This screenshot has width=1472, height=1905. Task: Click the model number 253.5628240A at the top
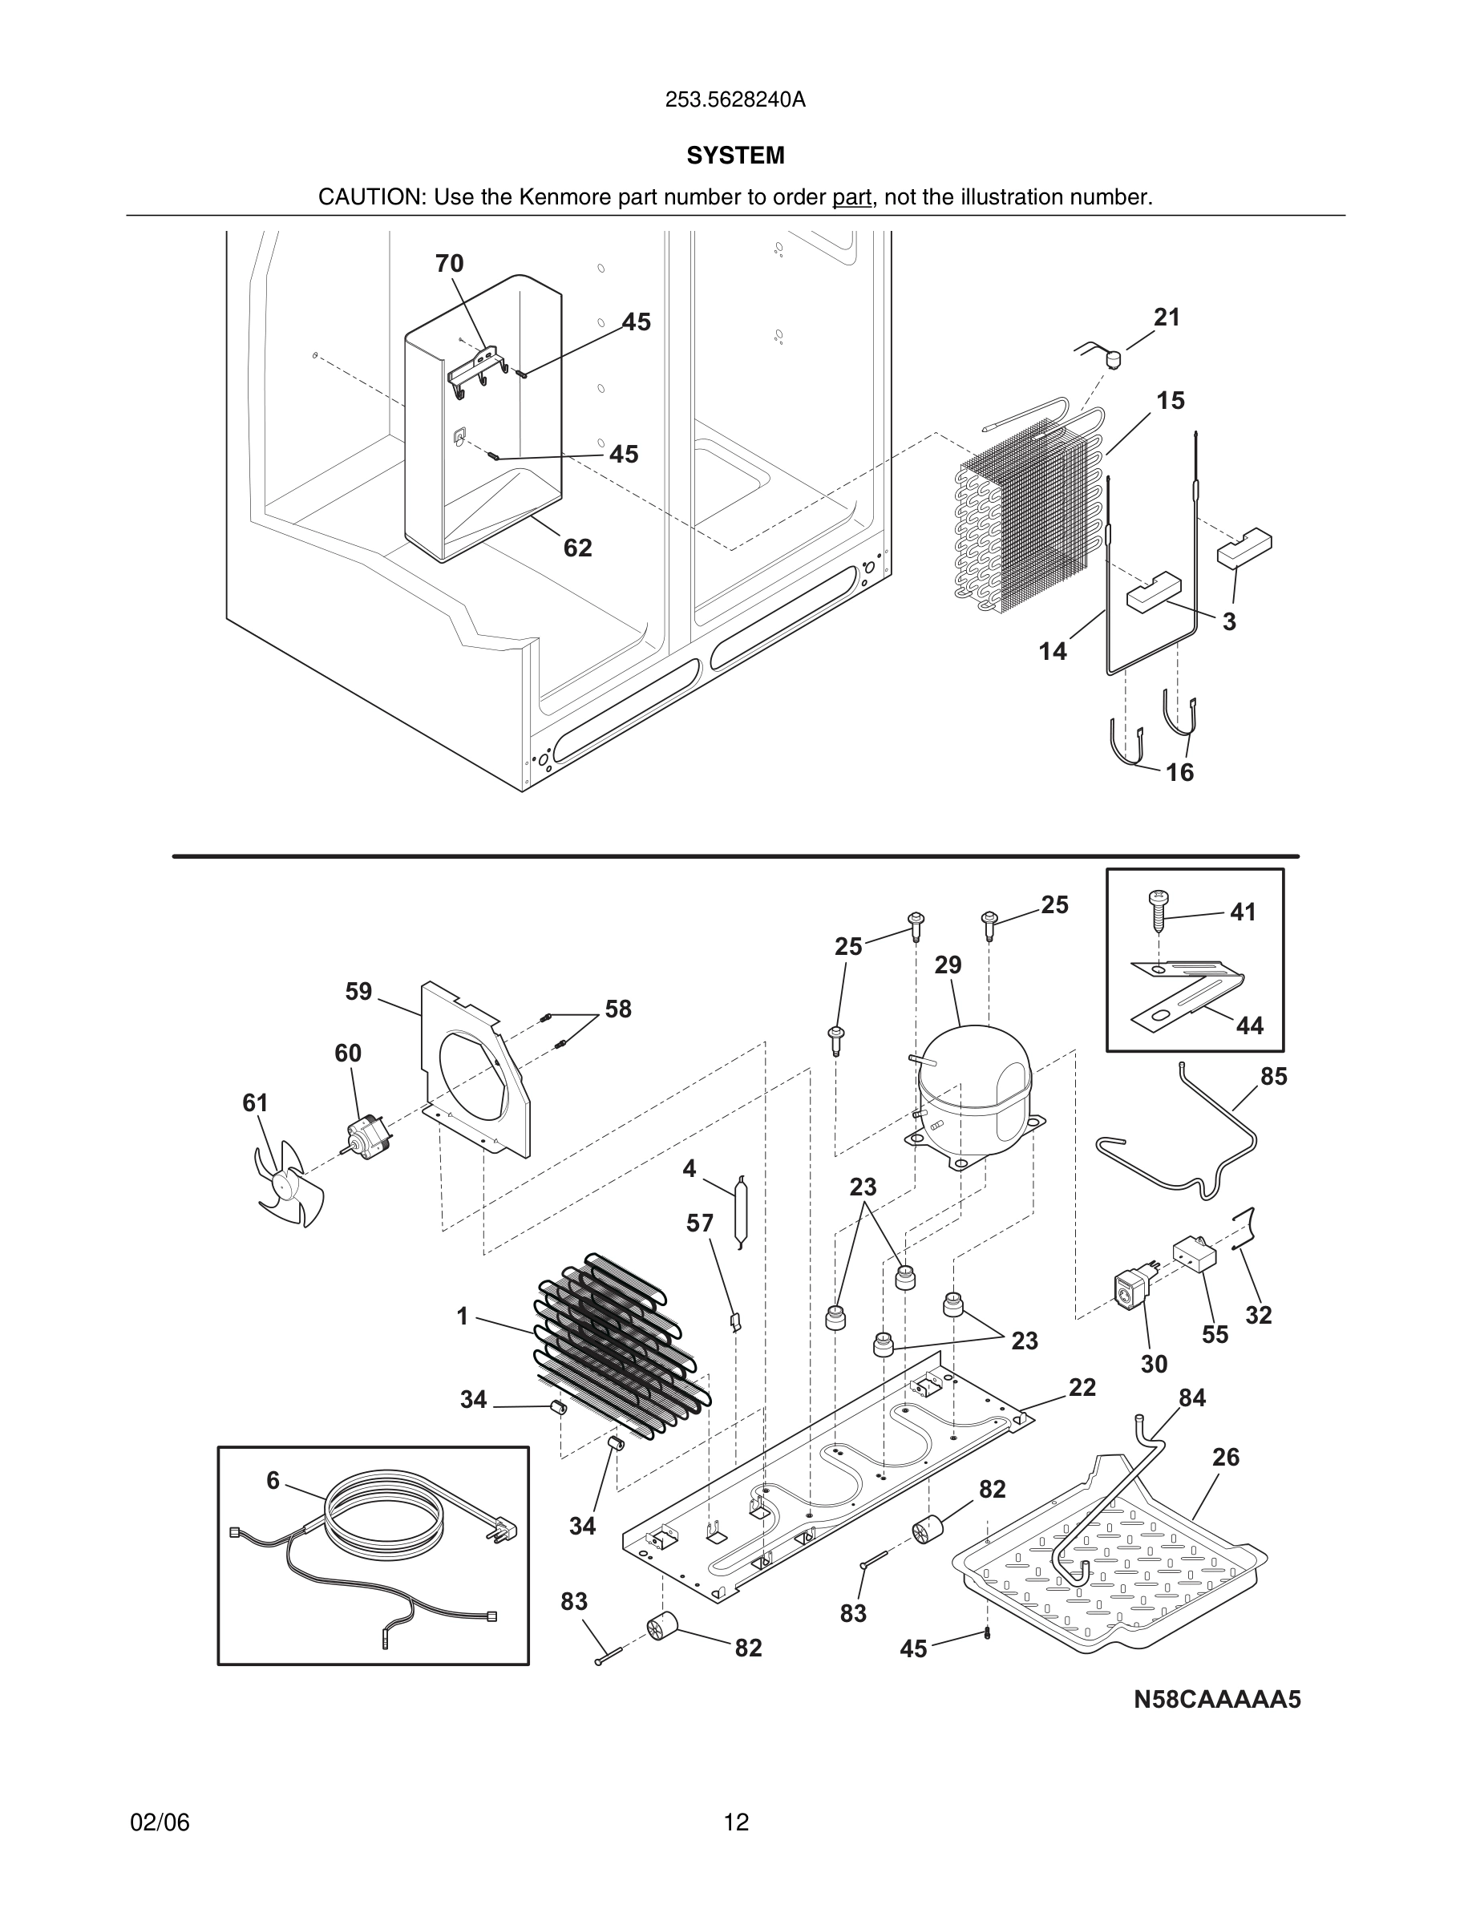click(x=735, y=100)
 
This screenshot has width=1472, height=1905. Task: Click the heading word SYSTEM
click(x=735, y=156)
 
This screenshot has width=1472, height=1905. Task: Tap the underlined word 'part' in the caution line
click(x=851, y=197)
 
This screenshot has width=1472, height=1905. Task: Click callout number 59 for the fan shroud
click(x=358, y=992)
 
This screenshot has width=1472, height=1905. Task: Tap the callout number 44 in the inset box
click(x=1249, y=1025)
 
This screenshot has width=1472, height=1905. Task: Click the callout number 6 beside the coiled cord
click(x=273, y=1480)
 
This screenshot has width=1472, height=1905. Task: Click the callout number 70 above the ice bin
click(x=450, y=264)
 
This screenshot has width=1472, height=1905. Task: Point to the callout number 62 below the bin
click(x=577, y=548)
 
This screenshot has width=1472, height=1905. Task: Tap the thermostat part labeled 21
click(x=1112, y=357)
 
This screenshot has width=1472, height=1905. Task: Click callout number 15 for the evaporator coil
click(x=1171, y=400)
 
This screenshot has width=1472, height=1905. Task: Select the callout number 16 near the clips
click(x=1179, y=772)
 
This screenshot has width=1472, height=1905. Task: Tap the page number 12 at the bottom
click(x=736, y=1822)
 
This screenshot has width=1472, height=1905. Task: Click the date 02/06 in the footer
click(x=160, y=1822)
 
